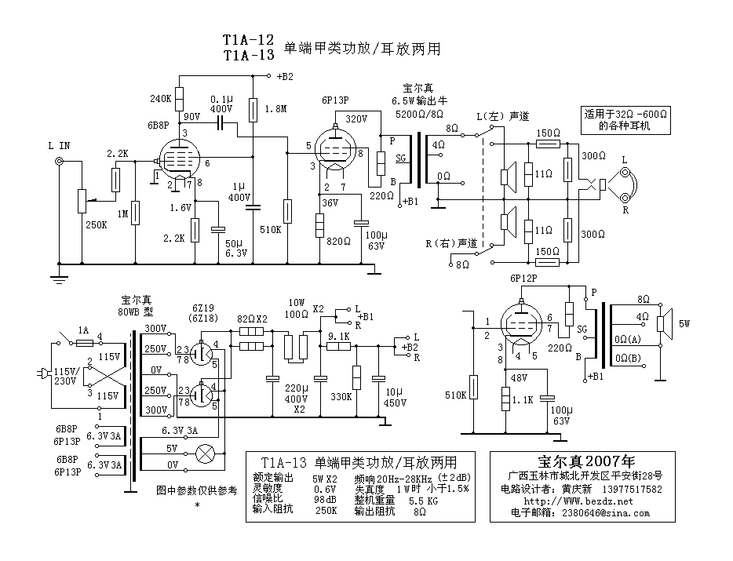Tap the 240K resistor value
pyautogui.click(x=160, y=99)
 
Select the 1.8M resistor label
pyautogui.click(x=275, y=108)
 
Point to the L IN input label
pyautogui.click(x=59, y=146)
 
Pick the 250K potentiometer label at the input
pyautogui.click(x=96, y=224)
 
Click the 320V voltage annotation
pyautogui.click(x=356, y=119)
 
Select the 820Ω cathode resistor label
pyautogui.click(x=338, y=241)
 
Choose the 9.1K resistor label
pyautogui.click(x=338, y=336)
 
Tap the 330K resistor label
pyautogui.click(x=341, y=397)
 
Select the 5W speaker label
pyautogui.click(x=685, y=322)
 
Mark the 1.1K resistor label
pyautogui.click(x=523, y=399)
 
